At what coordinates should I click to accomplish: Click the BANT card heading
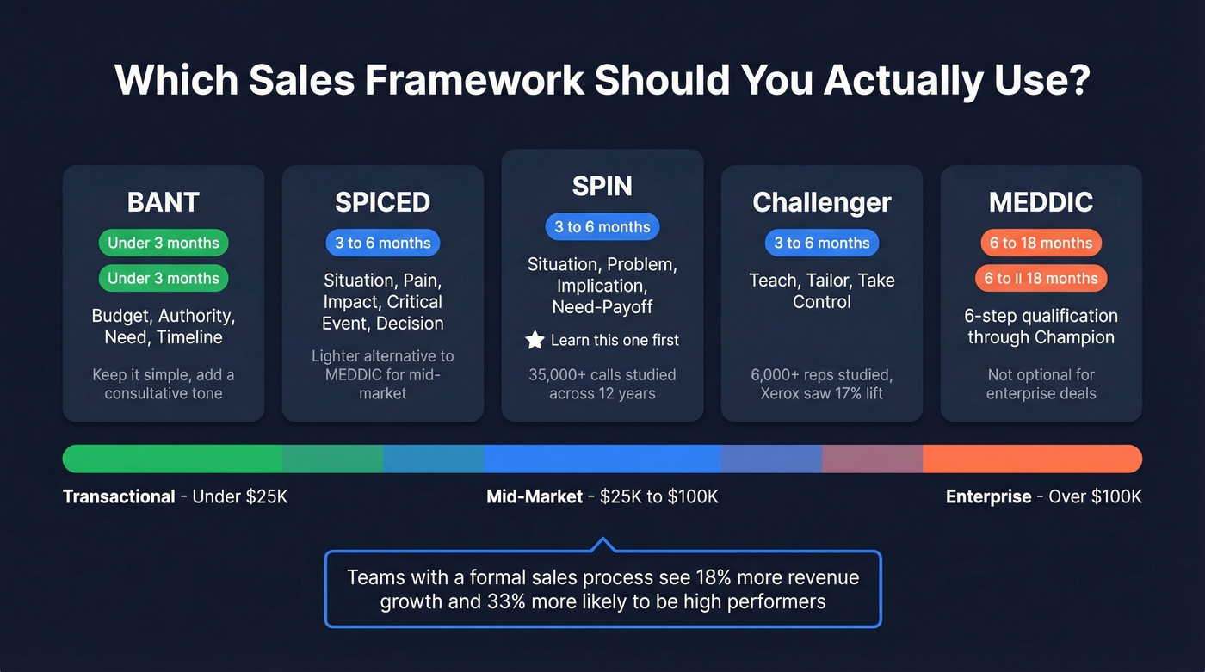pos(163,202)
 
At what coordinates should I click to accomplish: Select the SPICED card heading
pos(382,202)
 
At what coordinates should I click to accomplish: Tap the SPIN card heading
pos(602,186)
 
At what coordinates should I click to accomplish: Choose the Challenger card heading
pos(821,202)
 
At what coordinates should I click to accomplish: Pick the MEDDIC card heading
pos(1041,202)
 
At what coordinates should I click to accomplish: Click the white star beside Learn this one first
pos(535,340)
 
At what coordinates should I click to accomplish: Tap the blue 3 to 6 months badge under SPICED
pos(382,243)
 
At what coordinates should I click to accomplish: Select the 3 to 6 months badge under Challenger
pos(821,243)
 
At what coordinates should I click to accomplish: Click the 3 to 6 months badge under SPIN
pos(602,226)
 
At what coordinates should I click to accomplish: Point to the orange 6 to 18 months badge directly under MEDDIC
pos(1041,243)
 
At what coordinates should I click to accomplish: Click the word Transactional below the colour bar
pos(119,496)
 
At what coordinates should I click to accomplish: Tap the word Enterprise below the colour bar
pos(988,496)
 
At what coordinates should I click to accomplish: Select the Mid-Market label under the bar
pos(535,496)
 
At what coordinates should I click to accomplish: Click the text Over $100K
pos(1095,496)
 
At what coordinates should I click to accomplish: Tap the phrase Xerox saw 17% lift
pos(821,393)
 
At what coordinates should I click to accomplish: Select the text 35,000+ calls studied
pos(602,374)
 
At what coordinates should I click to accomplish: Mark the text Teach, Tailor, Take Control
pos(821,291)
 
